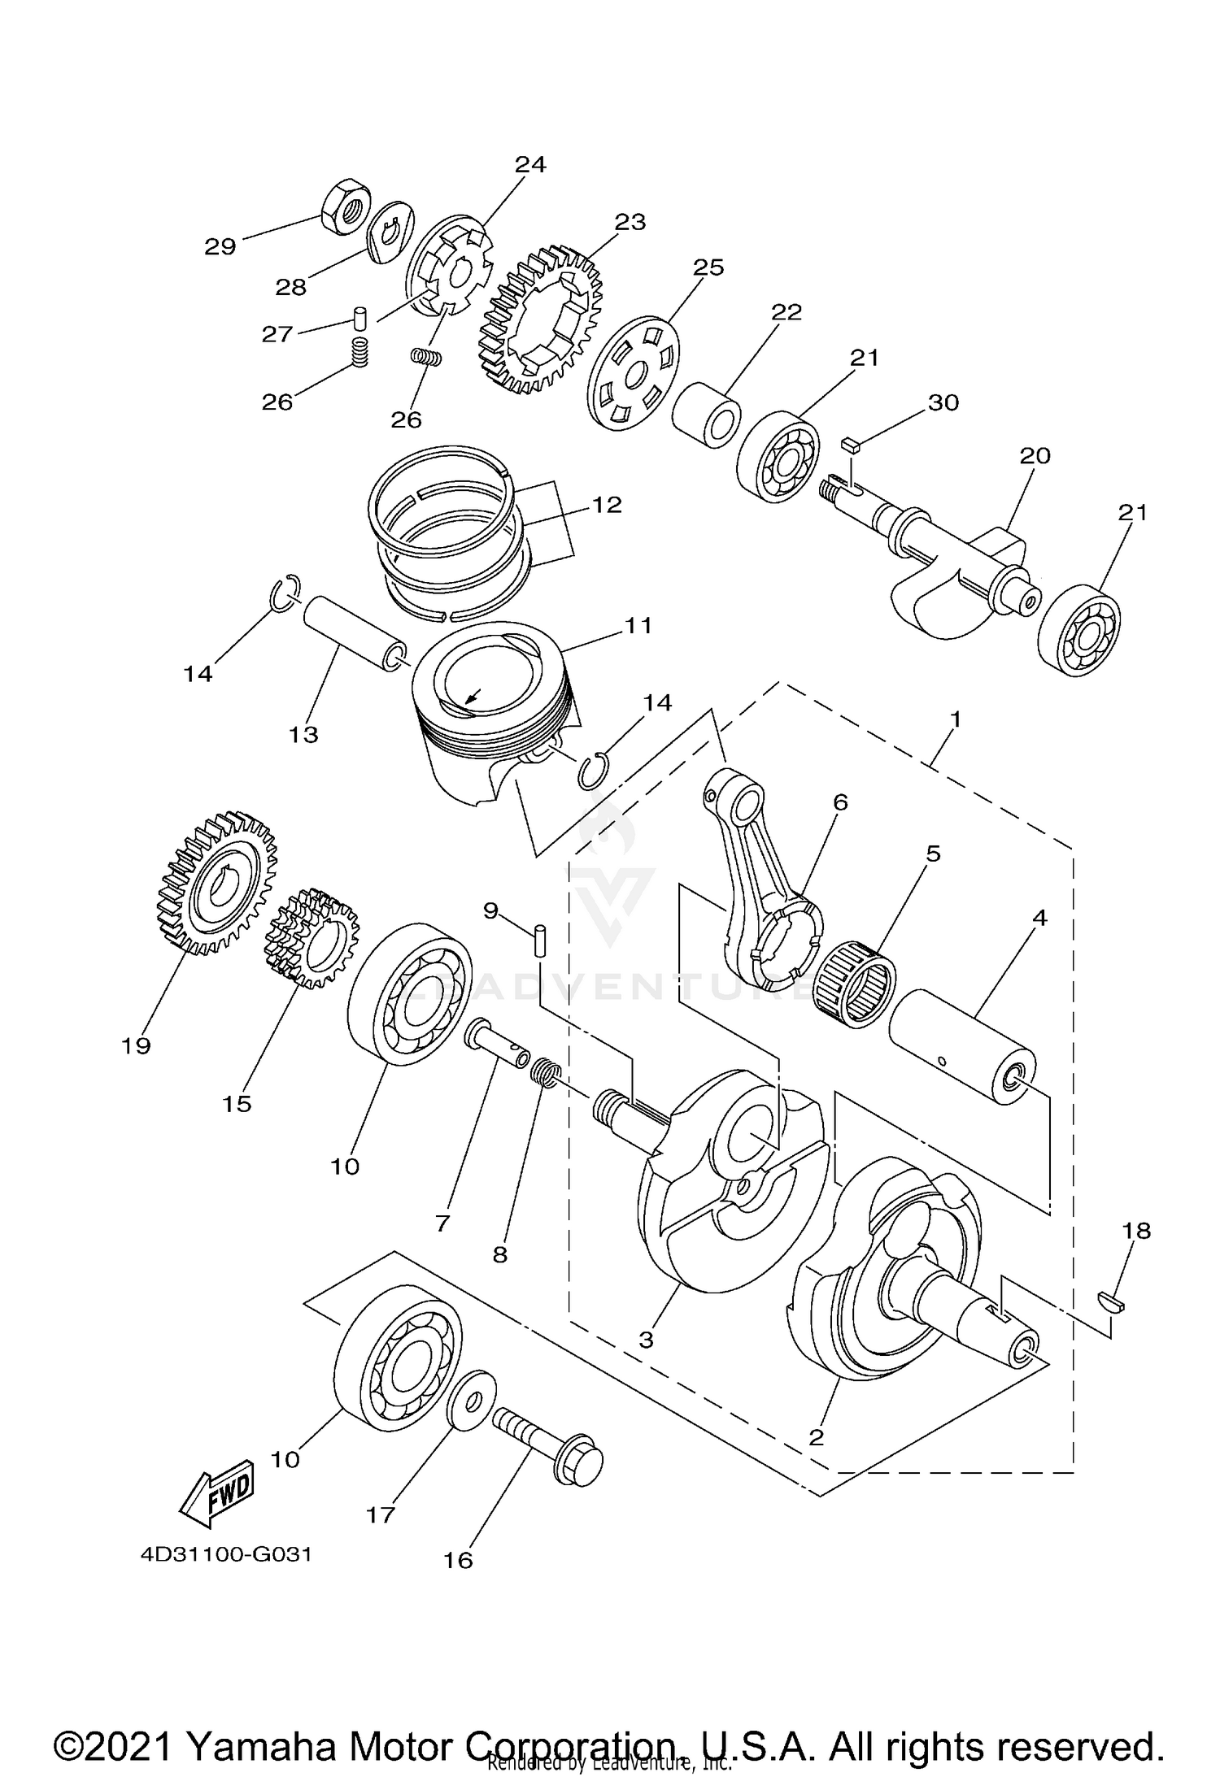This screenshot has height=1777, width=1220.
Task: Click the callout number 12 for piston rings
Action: click(x=607, y=505)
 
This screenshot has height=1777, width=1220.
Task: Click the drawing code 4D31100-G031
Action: click(x=226, y=1555)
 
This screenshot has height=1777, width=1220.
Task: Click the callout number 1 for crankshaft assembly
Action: click(x=956, y=719)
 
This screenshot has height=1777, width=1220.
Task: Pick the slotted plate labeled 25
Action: click(x=633, y=373)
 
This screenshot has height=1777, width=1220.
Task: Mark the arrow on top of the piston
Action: click(x=470, y=696)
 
